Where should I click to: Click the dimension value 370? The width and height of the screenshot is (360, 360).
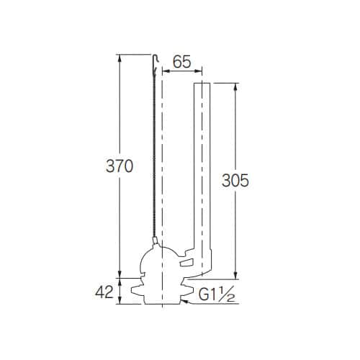click(x=120, y=166)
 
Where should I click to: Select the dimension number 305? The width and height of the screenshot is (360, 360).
click(x=235, y=180)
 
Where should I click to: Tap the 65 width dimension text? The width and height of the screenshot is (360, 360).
click(x=182, y=63)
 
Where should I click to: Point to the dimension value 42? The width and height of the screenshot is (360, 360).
click(x=105, y=292)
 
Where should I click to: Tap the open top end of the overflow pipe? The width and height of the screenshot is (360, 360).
click(x=202, y=84)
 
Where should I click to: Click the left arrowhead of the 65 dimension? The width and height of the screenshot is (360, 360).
click(x=165, y=71)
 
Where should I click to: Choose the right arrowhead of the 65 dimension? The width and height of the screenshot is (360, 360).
click(x=201, y=71)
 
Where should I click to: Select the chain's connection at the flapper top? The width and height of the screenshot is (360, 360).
click(x=154, y=242)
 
